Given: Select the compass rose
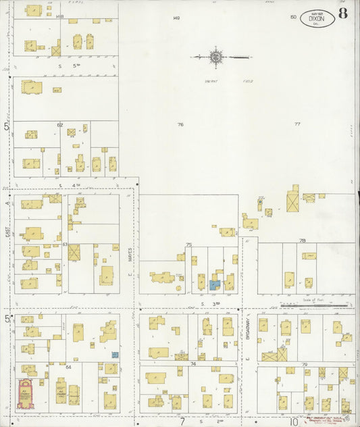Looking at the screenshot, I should pos(216,57).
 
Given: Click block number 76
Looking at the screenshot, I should pos(180,125).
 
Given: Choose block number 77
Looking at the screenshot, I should pos(297,125).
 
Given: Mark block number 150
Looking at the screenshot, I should pos(293,17).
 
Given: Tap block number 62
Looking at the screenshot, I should pos(60,125).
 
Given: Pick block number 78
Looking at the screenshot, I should pos(303,241).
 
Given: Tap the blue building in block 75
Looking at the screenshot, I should pos(215,285).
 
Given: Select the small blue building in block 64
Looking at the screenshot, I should pos(115,354).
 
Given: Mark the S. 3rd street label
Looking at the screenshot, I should pos(208,305).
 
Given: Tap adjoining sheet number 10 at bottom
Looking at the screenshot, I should pos(294,422).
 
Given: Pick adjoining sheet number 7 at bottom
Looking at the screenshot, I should pos(182,422).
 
